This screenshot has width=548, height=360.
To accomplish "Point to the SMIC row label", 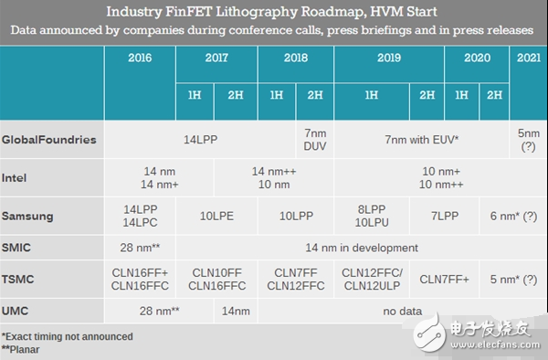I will pyautogui.click(x=17, y=248).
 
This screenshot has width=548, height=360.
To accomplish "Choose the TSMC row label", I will pyautogui.click(x=18, y=280).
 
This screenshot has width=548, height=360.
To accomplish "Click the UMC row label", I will pyautogui.click(x=16, y=312).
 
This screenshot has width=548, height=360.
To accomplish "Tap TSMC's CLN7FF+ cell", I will pyautogui.click(x=446, y=280).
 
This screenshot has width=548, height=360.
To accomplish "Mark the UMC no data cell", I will pyautogui.click(x=399, y=312).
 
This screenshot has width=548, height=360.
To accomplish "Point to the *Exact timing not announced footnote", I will pyautogui.click(x=68, y=336).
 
